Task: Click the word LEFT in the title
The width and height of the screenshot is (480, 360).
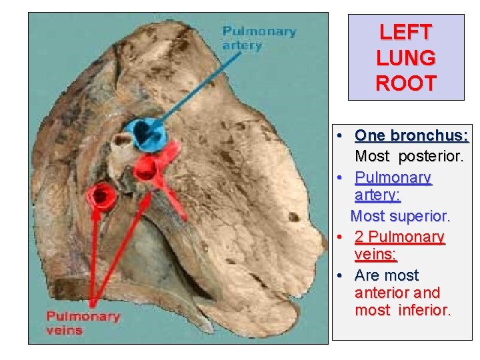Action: (x=405, y=32)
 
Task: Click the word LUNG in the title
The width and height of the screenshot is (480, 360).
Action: (x=405, y=58)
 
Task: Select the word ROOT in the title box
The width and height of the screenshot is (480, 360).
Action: (x=405, y=84)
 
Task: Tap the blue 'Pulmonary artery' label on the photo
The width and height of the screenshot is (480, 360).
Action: (x=259, y=39)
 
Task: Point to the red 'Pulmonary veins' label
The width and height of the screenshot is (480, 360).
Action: (x=83, y=323)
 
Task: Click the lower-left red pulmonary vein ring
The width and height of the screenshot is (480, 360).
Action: (x=103, y=195)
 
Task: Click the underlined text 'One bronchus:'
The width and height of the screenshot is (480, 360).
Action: (x=411, y=136)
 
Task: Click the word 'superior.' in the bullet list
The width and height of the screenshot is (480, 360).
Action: (x=421, y=217)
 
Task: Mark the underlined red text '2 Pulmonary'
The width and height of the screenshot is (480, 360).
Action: (x=399, y=237)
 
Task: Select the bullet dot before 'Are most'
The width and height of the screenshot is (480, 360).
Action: (x=340, y=275)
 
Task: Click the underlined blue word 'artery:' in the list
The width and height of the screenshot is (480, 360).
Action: (x=377, y=195)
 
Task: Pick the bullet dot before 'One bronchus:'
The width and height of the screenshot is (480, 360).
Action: (x=340, y=136)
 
